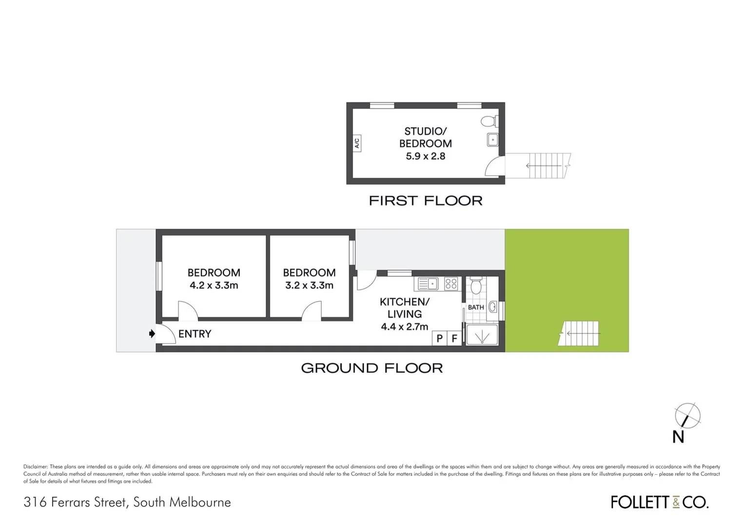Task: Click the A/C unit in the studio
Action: [356, 143]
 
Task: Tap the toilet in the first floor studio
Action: [489, 121]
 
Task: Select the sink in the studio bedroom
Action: [492, 141]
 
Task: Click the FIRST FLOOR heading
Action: [426, 201]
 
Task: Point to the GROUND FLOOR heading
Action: [372, 368]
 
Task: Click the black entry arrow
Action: [152, 334]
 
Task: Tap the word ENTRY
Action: [195, 334]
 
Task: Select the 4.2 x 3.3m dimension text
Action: [214, 285]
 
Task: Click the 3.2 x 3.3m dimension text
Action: [309, 285]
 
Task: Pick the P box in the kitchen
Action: [439, 338]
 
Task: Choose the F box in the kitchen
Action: [454, 338]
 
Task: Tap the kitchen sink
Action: [427, 284]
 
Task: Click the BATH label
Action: [476, 307]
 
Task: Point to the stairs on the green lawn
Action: [581, 334]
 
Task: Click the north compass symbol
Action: [687, 417]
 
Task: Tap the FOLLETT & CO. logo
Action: [660, 502]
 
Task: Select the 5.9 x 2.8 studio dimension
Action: [426, 156]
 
